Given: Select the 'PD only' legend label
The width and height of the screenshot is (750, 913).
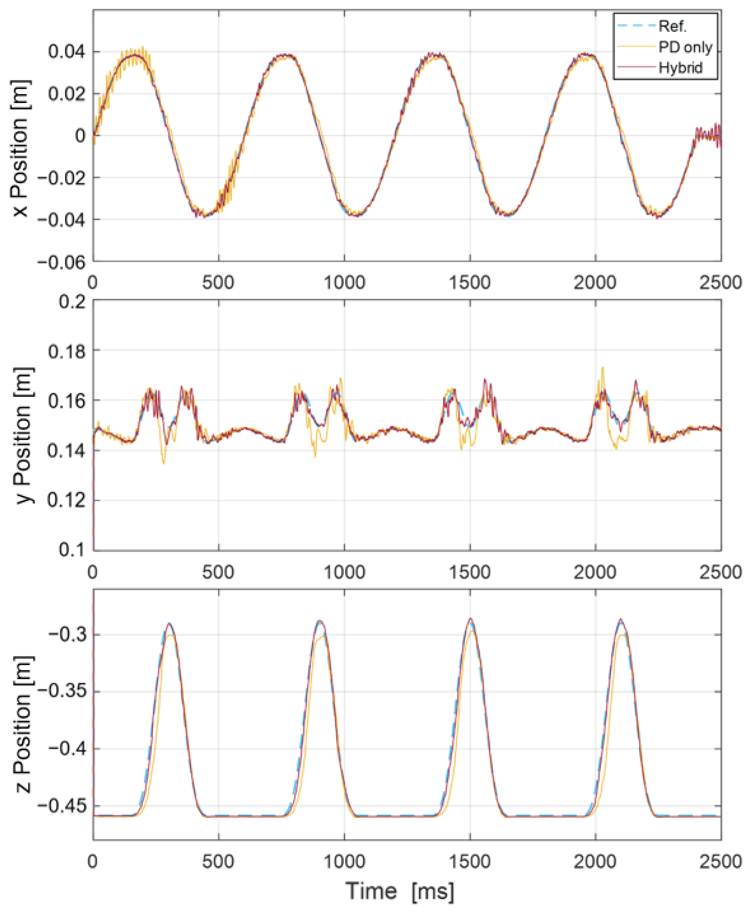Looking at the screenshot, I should coord(685,47).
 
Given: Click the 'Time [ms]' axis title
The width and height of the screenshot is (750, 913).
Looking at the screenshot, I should coord(400,891).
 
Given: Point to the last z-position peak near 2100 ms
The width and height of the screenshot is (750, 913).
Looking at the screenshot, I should coord(621,620).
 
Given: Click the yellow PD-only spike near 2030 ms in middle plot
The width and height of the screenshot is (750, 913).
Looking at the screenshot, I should coord(603,368).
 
